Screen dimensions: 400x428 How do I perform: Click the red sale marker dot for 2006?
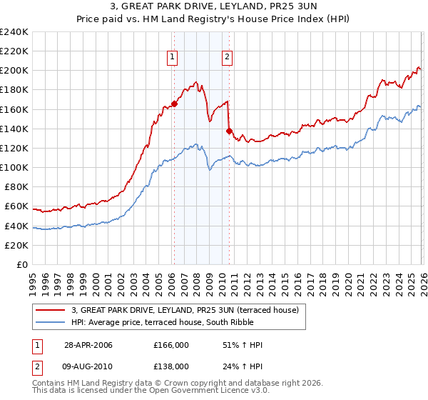(x=174, y=103)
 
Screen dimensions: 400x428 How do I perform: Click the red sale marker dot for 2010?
(x=228, y=130)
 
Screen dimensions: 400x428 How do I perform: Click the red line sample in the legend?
(x=50, y=309)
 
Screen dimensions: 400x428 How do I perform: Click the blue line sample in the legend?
(x=50, y=322)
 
